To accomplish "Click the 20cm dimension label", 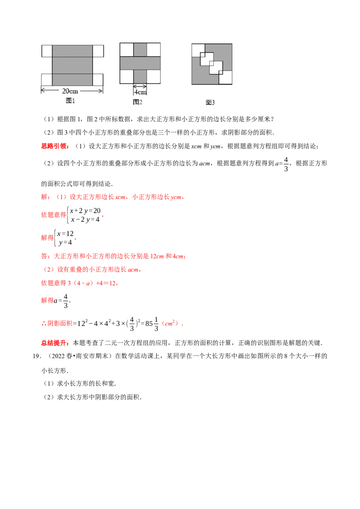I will (x=72, y=90).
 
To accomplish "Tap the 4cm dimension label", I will (x=140, y=92).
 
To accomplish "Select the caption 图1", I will (x=70, y=101).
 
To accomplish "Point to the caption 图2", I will (x=137, y=102).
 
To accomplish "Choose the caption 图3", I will (x=210, y=102).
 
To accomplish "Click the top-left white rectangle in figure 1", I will (x=47, y=51).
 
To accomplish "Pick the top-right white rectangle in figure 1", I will (x=98, y=51).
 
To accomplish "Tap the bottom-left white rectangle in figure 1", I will (x=47, y=79).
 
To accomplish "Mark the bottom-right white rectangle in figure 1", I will (x=98, y=79).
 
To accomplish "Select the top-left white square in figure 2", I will (x=126, y=49).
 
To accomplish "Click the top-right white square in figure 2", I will (x=154, y=49).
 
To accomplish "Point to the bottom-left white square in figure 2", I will (x=126, y=77).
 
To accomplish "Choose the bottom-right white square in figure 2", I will (x=154, y=77).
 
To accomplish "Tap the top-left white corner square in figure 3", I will (x=198, y=49).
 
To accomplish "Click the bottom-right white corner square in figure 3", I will (x=226, y=78).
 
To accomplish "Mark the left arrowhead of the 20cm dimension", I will (x=43, y=90).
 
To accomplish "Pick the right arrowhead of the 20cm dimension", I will (x=101, y=90).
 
